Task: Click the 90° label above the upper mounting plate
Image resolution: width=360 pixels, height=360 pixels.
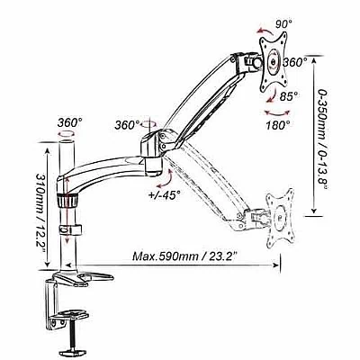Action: click(x=283, y=23)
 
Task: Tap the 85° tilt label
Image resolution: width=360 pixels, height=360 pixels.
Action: click(x=289, y=96)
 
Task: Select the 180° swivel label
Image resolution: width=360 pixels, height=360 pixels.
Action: click(x=278, y=124)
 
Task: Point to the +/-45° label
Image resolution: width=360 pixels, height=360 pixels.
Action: click(x=165, y=195)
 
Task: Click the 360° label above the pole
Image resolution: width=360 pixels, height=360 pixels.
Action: click(x=69, y=122)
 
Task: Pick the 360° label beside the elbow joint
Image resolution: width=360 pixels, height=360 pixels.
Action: click(x=127, y=125)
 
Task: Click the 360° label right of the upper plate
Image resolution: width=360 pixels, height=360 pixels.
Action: click(x=295, y=62)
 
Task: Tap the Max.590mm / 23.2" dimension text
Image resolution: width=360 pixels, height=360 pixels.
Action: click(x=185, y=256)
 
